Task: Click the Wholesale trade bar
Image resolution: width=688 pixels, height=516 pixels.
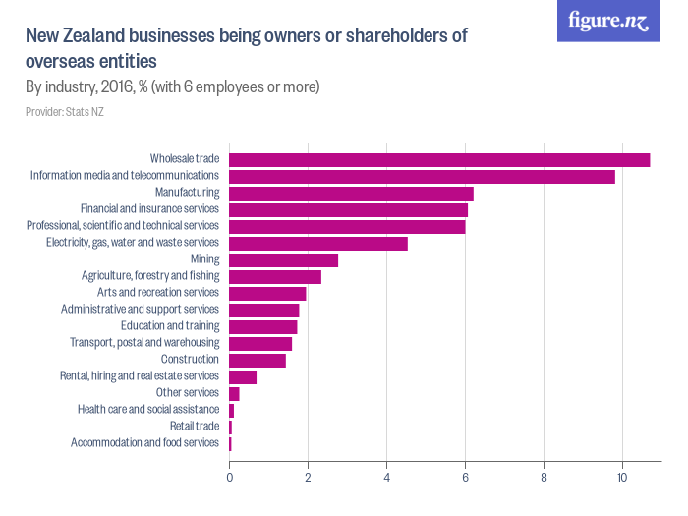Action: click(x=439, y=159)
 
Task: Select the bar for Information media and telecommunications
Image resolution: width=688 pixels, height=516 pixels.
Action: click(x=422, y=176)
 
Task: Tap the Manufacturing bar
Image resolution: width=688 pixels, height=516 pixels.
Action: click(x=351, y=193)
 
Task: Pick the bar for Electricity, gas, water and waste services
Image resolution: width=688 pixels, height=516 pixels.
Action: click(x=318, y=243)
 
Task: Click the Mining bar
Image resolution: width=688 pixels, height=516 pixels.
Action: click(x=283, y=259)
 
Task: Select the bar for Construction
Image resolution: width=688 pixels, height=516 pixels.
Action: click(x=258, y=360)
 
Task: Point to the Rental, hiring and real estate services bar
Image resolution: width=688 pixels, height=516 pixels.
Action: click(x=243, y=376)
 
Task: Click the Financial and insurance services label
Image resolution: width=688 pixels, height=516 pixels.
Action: click(x=149, y=209)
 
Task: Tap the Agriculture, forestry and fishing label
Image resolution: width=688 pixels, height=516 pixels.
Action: click(x=150, y=276)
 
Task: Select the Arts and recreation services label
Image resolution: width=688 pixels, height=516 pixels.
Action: click(x=158, y=293)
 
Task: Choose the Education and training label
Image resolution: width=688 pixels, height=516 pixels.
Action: click(x=170, y=326)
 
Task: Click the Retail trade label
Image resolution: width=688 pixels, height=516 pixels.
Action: click(x=195, y=427)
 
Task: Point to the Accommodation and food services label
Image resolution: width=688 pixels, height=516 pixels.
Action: click(x=144, y=443)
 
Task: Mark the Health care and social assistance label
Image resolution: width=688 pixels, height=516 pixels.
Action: click(x=148, y=410)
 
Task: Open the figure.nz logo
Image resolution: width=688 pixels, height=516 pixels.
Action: click(x=608, y=22)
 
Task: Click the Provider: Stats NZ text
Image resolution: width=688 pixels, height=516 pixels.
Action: click(x=65, y=112)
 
